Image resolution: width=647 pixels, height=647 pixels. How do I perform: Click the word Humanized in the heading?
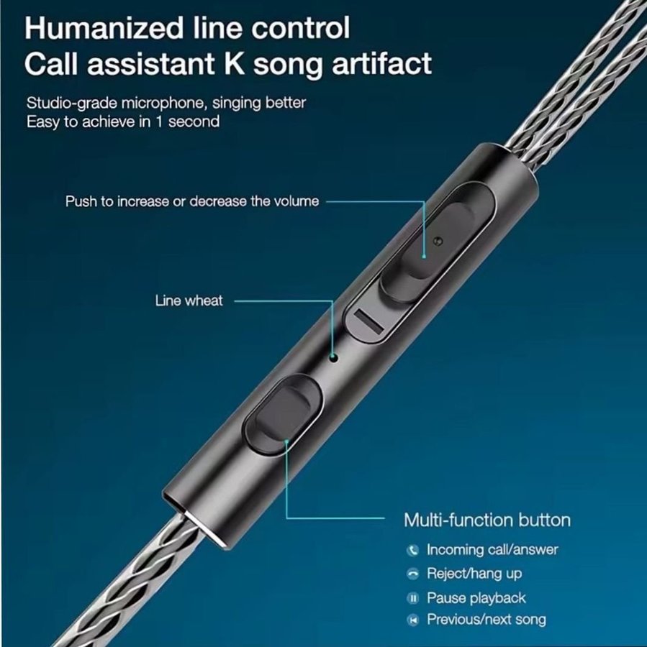[104, 28]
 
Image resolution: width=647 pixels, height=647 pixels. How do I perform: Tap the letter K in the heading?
[235, 63]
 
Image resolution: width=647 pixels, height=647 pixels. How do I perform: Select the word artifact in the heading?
[382, 63]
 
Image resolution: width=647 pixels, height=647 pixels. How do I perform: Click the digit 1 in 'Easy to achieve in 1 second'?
[159, 121]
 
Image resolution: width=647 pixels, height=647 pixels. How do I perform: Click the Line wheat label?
[189, 300]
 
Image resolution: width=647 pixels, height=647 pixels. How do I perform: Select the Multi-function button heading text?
[487, 520]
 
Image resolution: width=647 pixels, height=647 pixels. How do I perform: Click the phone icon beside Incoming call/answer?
[412, 550]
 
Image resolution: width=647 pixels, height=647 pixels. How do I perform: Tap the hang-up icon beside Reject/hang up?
[412, 574]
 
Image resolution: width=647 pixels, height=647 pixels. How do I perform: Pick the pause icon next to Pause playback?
[412, 598]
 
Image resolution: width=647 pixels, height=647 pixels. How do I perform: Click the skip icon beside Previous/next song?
[412, 620]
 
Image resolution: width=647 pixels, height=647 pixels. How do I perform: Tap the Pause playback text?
[476, 598]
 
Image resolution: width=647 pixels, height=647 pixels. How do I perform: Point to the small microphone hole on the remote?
[334, 357]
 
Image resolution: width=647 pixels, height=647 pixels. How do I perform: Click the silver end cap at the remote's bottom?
[203, 531]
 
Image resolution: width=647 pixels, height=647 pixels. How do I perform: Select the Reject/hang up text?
[474, 574]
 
